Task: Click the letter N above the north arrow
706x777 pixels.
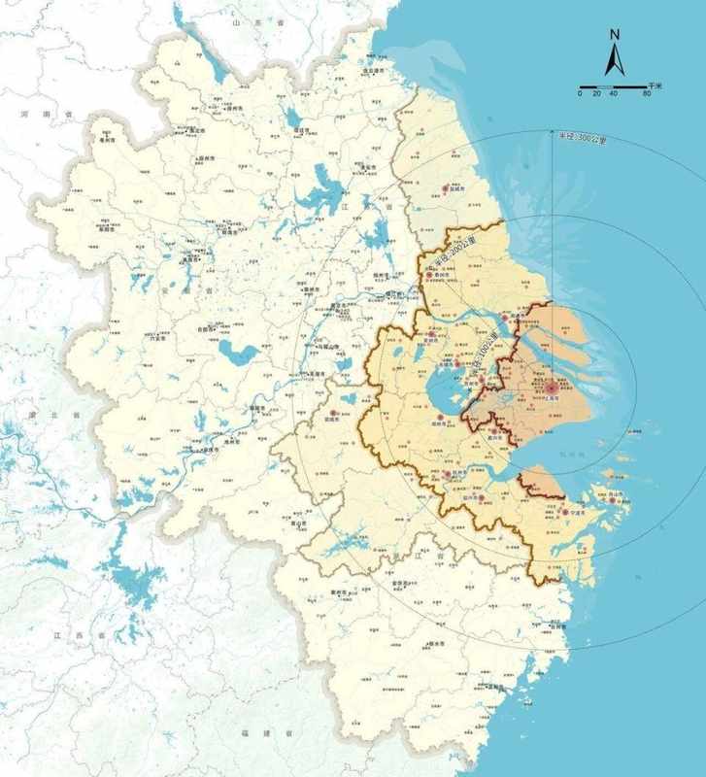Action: coord(614,34)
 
